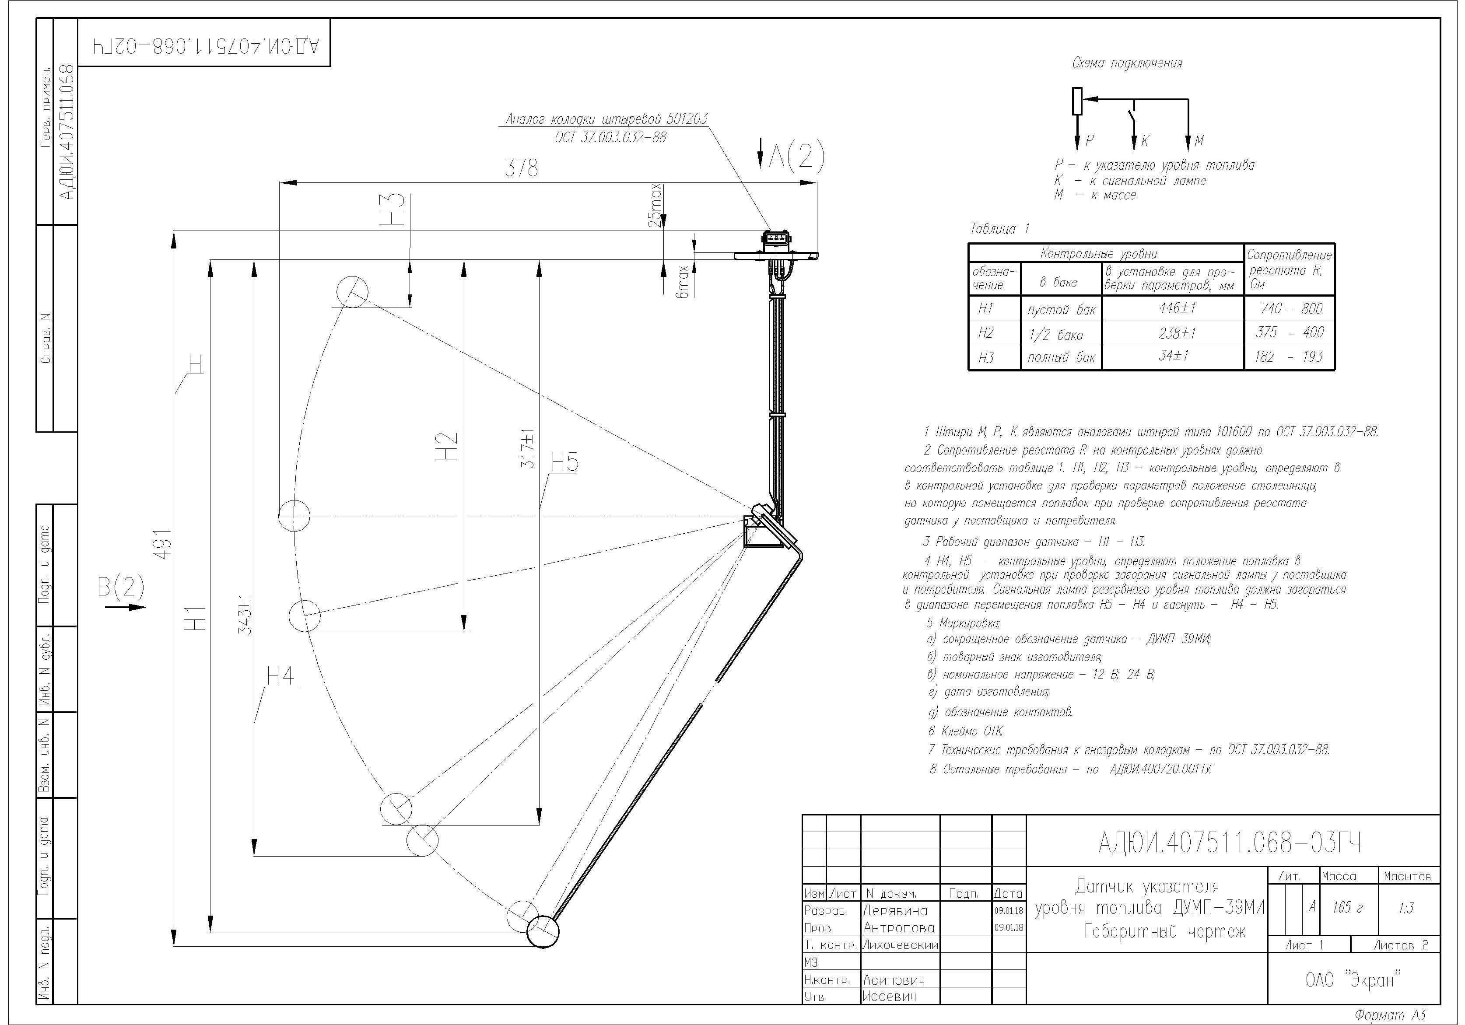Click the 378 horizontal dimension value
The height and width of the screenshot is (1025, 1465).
(521, 168)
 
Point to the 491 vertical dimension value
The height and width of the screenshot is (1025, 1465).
(164, 544)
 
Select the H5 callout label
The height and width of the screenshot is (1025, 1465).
(564, 462)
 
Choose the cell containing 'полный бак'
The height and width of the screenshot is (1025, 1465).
(1061, 357)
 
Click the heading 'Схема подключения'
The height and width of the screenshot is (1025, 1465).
(1127, 63)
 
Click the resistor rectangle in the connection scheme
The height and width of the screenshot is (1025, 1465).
(1077, 101)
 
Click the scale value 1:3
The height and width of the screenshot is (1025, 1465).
(1405, 908)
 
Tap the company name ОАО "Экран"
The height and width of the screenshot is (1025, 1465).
(1353, 980)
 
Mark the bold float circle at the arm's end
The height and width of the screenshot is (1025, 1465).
(543, 932)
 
